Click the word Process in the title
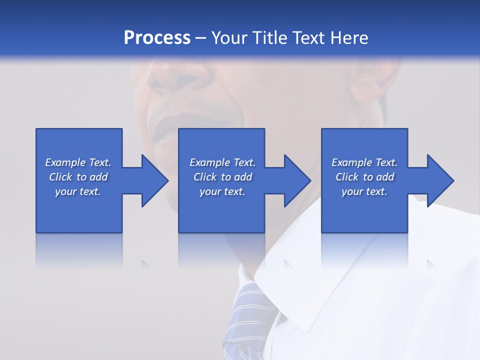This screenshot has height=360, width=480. (157, 37)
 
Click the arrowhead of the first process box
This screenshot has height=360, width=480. (155, 180)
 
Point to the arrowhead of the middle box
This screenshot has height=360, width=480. (297, 180)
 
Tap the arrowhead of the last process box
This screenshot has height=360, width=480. (440, 180)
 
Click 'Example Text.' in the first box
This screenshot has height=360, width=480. (78, 162)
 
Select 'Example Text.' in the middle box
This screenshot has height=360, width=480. (222, 162)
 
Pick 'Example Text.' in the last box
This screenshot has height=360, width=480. (364, 162)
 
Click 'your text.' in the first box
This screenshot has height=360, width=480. (78, 191)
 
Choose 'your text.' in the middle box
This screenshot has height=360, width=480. (222, 191)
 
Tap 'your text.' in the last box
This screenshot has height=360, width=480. (364, 191)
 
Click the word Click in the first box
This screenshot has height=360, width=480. (61, 177)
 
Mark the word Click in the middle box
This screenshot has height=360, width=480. (205, 177)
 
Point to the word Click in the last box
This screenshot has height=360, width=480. (347, 177)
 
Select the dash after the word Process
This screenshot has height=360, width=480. (201, 38)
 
